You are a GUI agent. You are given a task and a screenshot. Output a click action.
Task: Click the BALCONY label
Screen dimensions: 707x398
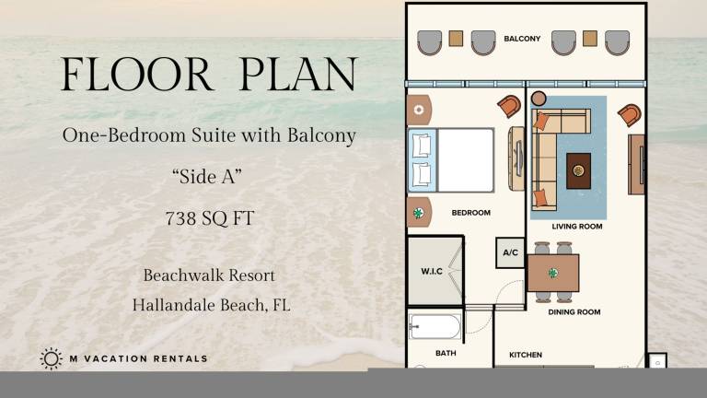click(x=522, y=39)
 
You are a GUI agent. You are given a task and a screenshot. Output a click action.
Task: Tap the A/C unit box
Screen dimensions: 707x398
click(x=510, y=252)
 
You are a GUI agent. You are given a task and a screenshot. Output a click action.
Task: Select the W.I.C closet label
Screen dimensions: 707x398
click(x=432, y=271)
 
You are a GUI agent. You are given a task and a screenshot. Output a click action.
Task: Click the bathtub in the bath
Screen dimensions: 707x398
click(x=435, y=326)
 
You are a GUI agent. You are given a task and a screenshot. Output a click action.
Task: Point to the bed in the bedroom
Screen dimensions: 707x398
click(x=451, y=160)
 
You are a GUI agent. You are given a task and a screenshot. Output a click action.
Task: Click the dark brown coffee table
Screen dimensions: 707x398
click(x=578, y=170)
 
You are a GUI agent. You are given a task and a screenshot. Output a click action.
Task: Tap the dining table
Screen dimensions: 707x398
click(x=553, y=273)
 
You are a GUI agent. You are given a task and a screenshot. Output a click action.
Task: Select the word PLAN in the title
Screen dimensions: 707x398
click(x=298, y=74)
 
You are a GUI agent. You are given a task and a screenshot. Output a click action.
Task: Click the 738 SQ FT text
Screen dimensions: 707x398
click(x=210, y=218)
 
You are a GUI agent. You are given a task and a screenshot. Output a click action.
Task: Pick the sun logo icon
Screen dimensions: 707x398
click(x=51, y=358)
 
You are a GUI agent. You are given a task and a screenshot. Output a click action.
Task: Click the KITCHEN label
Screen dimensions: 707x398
click(x=526, y=355)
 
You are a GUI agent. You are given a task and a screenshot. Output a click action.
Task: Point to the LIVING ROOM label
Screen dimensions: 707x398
click(x=577, y=227)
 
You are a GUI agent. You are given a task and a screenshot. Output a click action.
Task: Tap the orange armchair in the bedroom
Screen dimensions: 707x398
click(x=509, y=107)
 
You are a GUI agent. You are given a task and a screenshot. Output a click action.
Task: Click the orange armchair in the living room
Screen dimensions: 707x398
click(x=630, y=115)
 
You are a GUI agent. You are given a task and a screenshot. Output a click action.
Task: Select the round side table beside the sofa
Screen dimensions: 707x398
click(x=539, y=99)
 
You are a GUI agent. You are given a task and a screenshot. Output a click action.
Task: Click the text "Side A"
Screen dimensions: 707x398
click(x=207, y=176)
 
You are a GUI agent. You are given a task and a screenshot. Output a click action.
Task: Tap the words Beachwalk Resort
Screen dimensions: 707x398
click(x=209, y=275)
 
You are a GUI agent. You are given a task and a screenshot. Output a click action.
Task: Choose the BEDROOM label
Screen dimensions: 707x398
click(x=471, y=213)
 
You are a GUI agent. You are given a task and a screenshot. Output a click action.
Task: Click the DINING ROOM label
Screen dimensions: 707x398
click(x=574, y=311)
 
